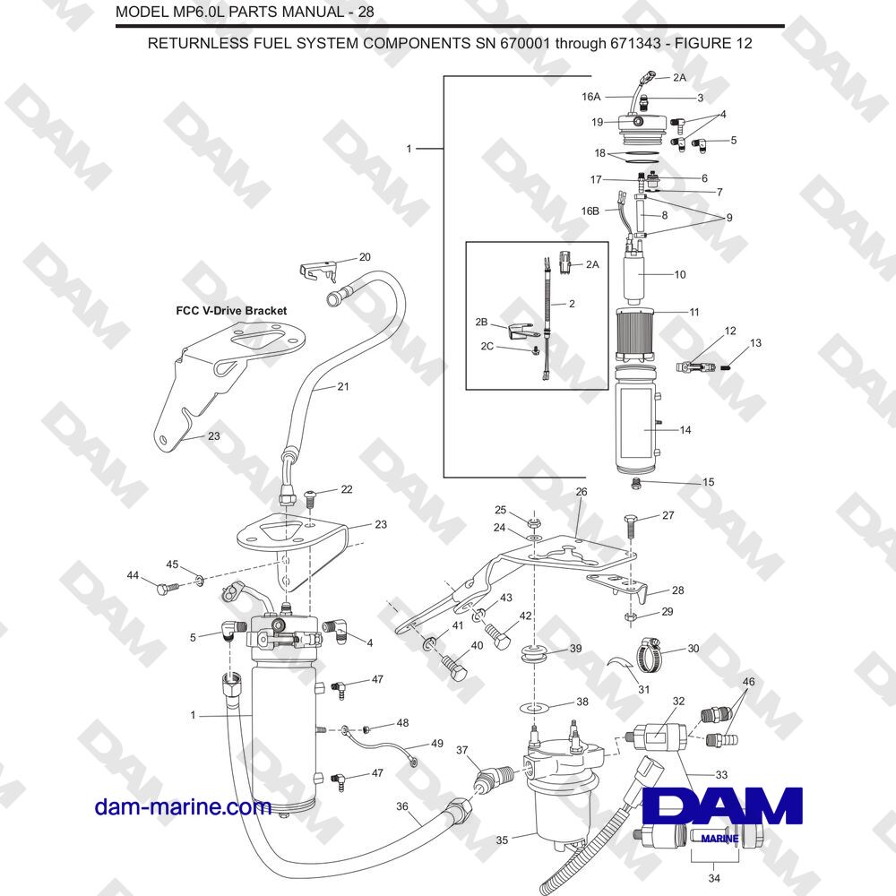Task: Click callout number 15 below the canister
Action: tap(708, 482)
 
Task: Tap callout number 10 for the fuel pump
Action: tap(679, 275)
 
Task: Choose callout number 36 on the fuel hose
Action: tap(403, 806)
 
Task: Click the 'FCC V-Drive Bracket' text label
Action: tap(231, 311)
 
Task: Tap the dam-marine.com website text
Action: tap(183, 807)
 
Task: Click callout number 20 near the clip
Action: tap(365, 257)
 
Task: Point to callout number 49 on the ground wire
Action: tap(437, 744)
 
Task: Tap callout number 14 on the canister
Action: tap(685, 430)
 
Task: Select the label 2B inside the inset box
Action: tap(481, 321)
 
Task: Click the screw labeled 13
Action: tap(725, 364)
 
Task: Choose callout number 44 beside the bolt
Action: tap(133, 574)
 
